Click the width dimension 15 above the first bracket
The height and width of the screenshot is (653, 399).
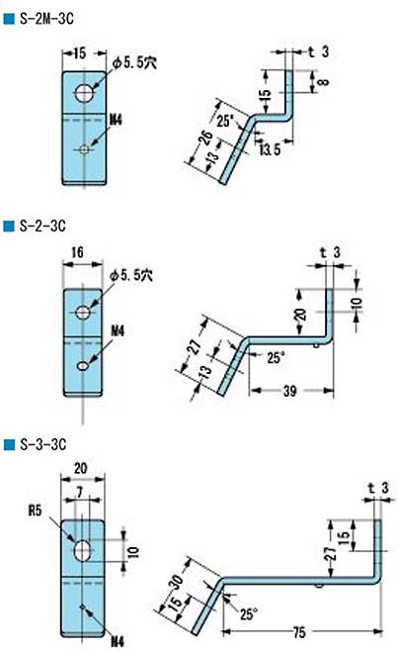point(80,50)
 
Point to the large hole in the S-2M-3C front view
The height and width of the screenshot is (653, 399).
point(85,93)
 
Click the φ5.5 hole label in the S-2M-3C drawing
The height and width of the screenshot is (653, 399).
point(137,61)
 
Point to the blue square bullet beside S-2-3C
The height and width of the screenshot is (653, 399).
point(9,227)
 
